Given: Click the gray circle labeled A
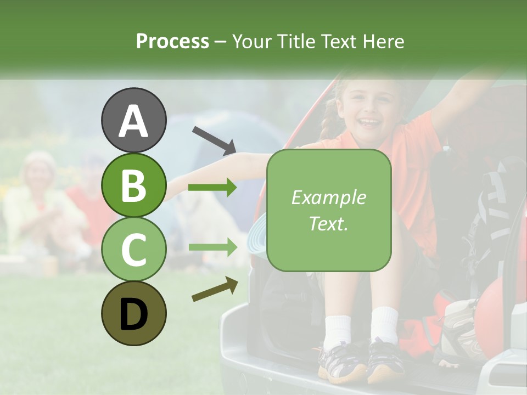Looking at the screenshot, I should pyautogui.click(x=133, y=121).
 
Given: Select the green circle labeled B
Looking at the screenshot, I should pyautogui.click(x=133, y=185).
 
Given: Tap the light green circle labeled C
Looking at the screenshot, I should pyautogui.click(x=133, y=249).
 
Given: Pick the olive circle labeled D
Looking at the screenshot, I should pyautogui.click(x=133, y=313).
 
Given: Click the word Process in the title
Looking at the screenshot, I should pyautogui.click(x=172, y=42).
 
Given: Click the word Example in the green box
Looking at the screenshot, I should pyautogui.click(x=328, y=198).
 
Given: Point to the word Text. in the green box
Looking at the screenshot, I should pyautogui.click(x=328, y=223).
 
